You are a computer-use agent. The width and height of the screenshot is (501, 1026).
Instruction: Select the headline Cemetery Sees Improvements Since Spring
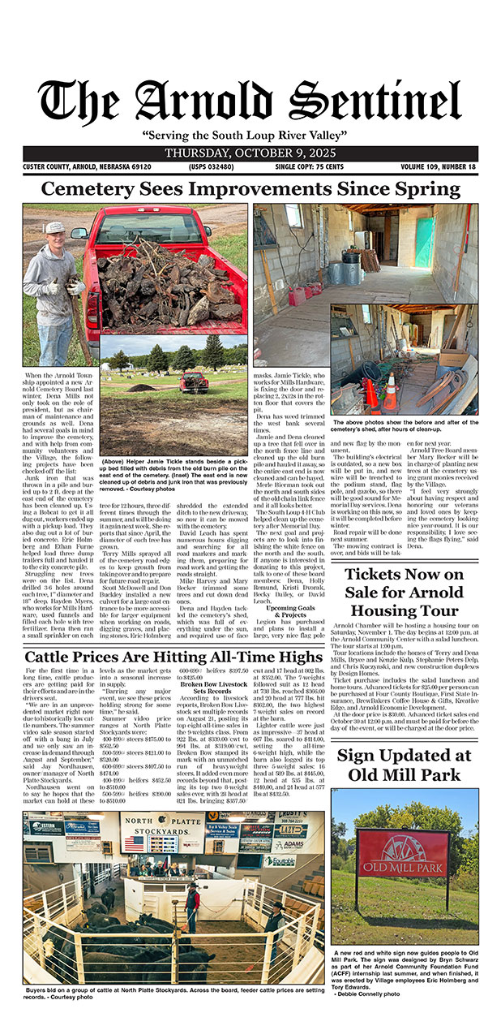click(250, 190)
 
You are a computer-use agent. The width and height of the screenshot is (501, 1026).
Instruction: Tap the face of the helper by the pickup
click(55, 232)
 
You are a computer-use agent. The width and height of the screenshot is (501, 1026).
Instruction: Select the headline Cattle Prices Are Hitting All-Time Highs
click(173, 657)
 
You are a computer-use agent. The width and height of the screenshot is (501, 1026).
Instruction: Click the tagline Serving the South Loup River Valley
click(250, 135)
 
